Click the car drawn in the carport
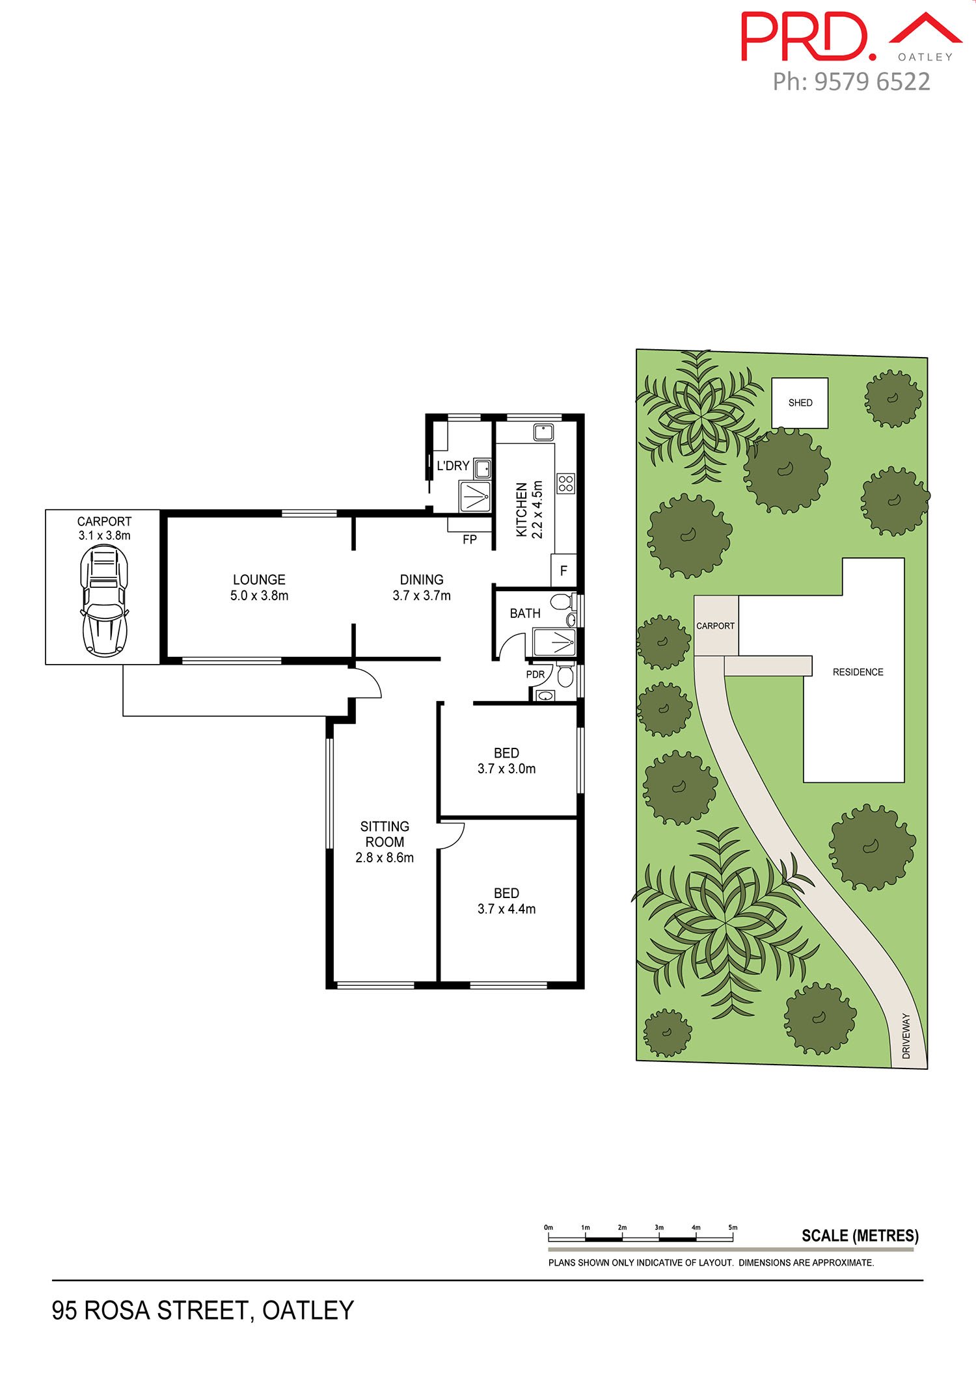[x=104, y=600]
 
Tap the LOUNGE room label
[x=259, y=579]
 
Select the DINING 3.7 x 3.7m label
[x=422, y=587]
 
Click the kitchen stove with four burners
[x=565, y=483]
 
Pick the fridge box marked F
[x=563, y=571]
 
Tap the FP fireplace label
[x=470, y=539]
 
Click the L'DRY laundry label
[x=453, y=466]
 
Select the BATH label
[x=525, y=613]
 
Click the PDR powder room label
[x=535, y=674]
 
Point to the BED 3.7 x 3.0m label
[x=506, y=761]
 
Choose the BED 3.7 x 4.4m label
[x=506, y=901]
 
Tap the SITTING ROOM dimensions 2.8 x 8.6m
[x=385, y=858]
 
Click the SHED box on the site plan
[x=800, y=403]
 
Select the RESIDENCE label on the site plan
[x=858, y=672]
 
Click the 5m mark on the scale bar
[x=733, y=1228]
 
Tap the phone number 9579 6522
[x=872, y=82]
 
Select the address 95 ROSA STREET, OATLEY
[x=203, y=1310]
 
